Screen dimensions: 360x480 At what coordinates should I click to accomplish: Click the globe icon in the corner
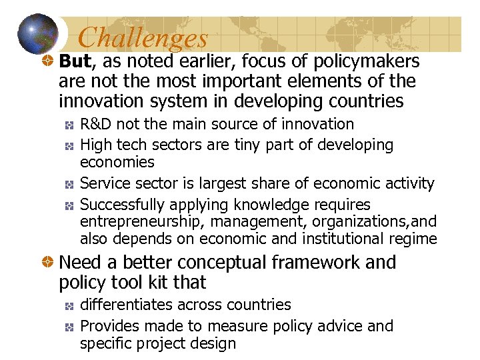[39, 34]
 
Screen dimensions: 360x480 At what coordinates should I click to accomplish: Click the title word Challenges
[143, 38]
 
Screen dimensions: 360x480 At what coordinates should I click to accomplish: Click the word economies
[117, 162]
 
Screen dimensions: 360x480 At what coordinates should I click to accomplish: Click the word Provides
[106, 326]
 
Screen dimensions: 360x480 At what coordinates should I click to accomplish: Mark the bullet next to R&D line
[69, 125]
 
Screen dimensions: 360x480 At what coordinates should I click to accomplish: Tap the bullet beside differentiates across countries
[69, 305]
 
